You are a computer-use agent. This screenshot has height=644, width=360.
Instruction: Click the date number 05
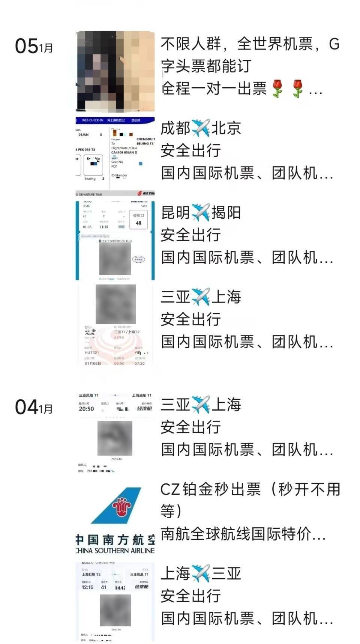click(26, 46)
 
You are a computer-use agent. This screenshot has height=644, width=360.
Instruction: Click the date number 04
click(26, 407)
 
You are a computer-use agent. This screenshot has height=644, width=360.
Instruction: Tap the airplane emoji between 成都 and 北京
click(201, 128)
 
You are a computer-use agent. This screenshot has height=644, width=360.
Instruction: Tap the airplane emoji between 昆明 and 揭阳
click(201, 213)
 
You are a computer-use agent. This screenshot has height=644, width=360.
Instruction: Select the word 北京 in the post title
click(226, 128)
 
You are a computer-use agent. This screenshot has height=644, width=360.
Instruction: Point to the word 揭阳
click(226, 213)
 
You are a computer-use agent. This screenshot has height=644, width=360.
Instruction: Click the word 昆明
click(175, 213)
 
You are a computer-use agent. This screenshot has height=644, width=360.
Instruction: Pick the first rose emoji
click(277, 89)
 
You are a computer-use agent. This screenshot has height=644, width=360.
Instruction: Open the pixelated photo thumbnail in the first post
click(115, 71)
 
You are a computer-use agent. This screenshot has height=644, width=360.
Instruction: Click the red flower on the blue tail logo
click(121, 506)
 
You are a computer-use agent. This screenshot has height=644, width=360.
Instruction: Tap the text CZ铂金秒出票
click(210, 489)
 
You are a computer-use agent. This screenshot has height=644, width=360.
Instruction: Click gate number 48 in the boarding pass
click(138, 223)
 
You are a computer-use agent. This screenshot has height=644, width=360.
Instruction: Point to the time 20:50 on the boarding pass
click(86, 409)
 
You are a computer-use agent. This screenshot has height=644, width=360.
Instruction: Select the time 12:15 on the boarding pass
click(87, 587)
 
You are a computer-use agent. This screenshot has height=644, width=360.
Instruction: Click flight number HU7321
click(92, 352)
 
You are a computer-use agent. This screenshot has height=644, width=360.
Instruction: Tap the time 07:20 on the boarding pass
click(139, 363)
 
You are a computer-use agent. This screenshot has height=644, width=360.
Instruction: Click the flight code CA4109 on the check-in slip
click(119, 152)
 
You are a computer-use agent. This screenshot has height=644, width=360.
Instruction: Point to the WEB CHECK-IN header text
click(93, 120)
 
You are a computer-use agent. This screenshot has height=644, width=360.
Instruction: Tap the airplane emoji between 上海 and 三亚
click(201, 573)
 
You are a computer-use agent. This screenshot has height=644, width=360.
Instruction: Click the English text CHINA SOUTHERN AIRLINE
click(115, 551)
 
